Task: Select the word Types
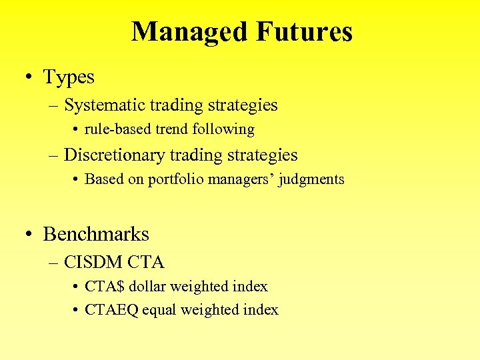tap(69, 77)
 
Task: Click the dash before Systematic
tap(54, 106)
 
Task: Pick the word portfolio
tap(176, 179)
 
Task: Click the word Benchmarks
tap(96, 235)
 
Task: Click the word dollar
tap(147, 287)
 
